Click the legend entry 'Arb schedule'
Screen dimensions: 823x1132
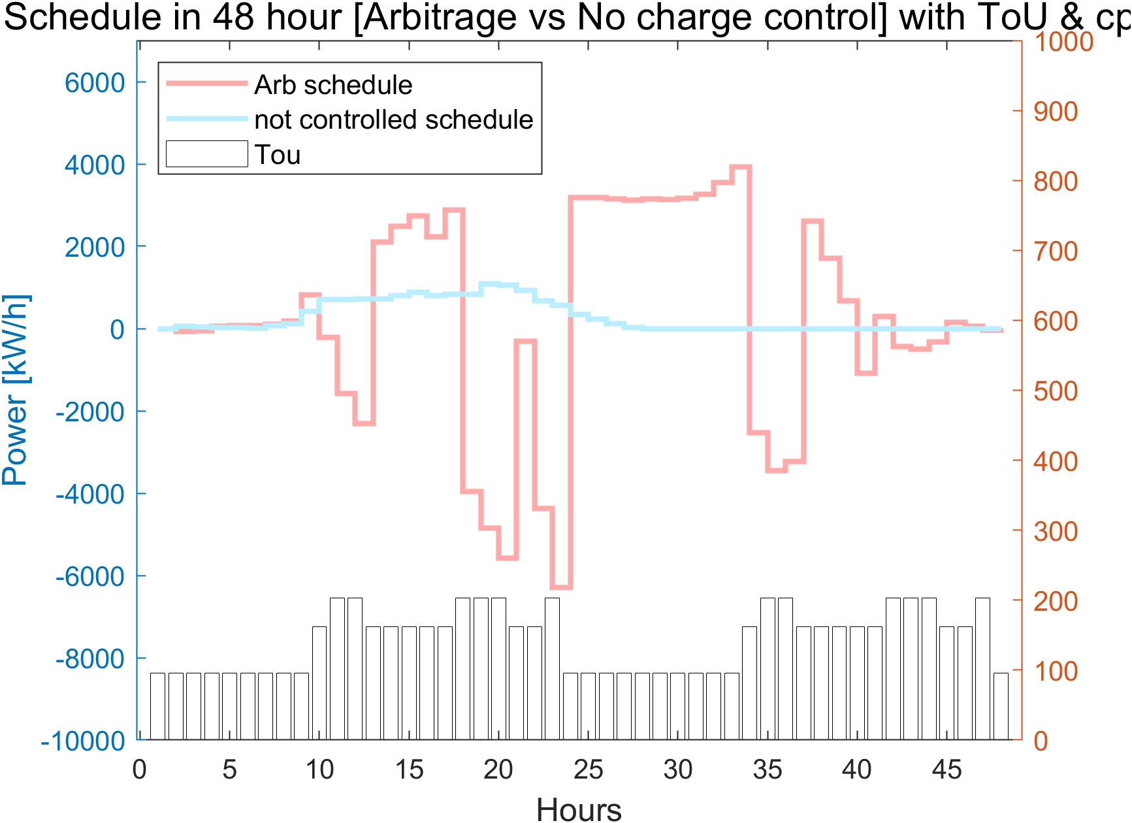pos(333,85)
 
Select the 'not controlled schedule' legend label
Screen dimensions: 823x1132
pos(393,120)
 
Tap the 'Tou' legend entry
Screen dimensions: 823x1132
pos(278,155)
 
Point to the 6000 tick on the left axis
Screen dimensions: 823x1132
pos(95,83)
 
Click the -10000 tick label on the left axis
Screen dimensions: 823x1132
pos(83,741)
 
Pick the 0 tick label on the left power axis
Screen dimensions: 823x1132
pos(118,330)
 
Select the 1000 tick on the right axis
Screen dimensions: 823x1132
pos(1063,42)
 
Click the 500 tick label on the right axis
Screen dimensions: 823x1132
pos(1056,391)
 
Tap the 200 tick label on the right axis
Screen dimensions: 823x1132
pos(1056,601)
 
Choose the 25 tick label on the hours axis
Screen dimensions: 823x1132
pos(588,769)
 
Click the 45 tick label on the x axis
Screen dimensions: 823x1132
pos(946,769)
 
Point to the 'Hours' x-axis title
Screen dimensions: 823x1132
pos(579,809)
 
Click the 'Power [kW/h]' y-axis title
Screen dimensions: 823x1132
pos(16,390)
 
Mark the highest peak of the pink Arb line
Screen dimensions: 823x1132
pos(741,167)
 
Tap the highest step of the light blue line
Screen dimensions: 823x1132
pos(490,284)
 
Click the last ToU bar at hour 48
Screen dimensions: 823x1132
pos(1001,706)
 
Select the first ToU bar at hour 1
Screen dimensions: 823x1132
pos(157,706)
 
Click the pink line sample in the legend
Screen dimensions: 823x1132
pos(206,84)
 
